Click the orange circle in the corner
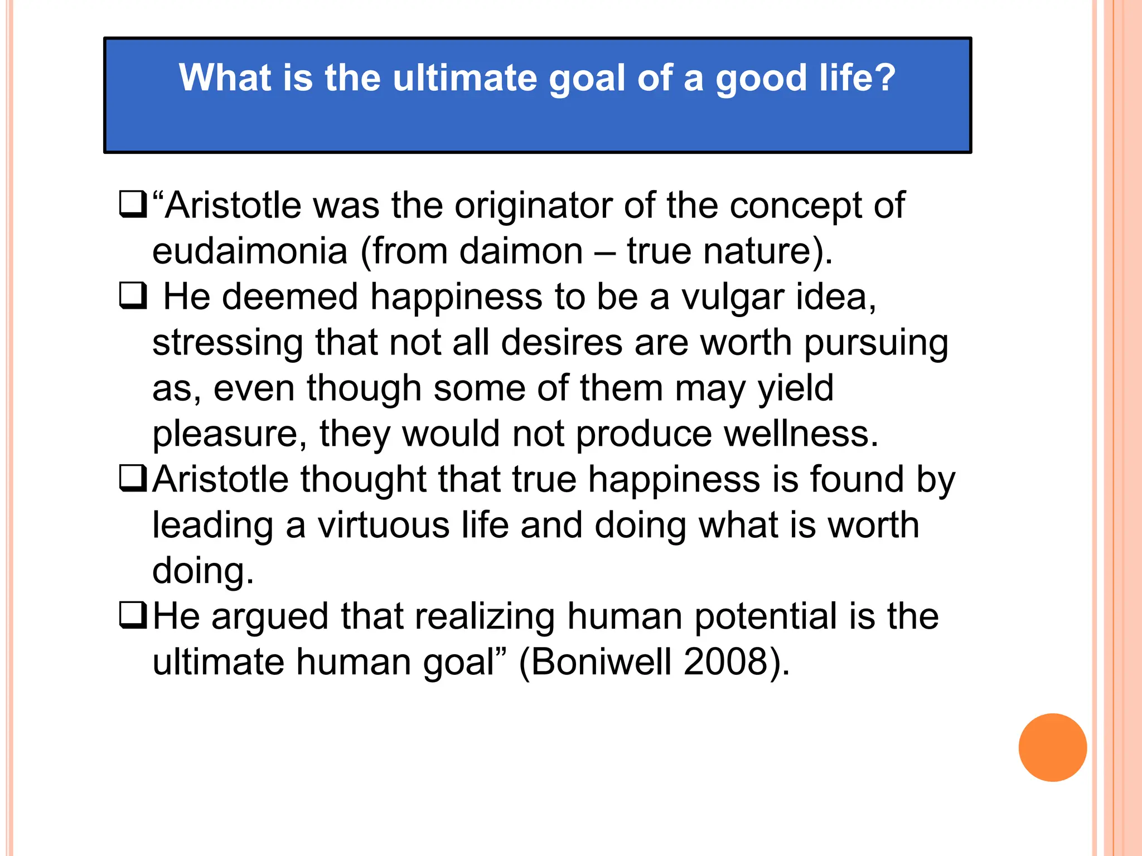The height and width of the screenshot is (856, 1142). tap(1052, 747)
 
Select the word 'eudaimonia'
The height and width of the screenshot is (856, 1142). tap(250, 251)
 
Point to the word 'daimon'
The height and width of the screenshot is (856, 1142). tap(521, 251)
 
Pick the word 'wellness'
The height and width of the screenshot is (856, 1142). tap(800, 434)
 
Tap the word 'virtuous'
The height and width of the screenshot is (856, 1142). tap(384, 526)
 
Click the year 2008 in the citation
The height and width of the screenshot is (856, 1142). tap(725, 663)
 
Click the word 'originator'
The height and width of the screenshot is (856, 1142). tap(533, 206)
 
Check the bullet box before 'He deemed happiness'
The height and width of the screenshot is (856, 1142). tap(133, 296)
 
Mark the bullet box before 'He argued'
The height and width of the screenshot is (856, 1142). tap(133, 616)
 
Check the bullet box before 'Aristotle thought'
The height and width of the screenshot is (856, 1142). tap(133, 479)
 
